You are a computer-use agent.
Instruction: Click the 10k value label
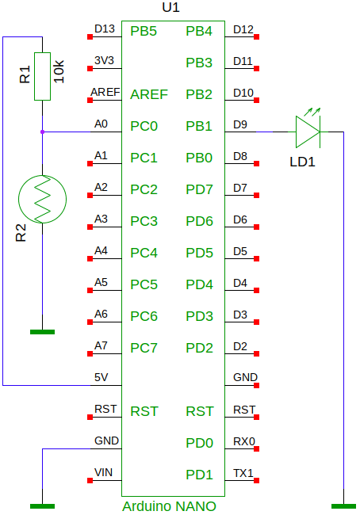59,71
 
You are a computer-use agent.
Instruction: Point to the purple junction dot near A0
42,132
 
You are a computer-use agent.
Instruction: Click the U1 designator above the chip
171,8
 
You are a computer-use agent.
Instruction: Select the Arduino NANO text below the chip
169,506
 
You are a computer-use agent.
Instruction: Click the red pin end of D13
90,36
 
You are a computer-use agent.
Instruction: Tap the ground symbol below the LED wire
343,506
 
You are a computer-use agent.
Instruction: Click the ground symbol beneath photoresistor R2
42,332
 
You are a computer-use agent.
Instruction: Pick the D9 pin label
240,124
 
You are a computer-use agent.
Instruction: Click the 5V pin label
101,377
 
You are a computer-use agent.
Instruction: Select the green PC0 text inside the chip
144,126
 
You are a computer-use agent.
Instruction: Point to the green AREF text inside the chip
149,94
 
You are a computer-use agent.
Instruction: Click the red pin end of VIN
90,480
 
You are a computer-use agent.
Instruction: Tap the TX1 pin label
243,473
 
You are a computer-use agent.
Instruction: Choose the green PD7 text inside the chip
199,189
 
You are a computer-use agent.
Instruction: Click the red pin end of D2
257,353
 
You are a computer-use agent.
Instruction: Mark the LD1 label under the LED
302,162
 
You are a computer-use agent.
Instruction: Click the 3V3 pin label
104,60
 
